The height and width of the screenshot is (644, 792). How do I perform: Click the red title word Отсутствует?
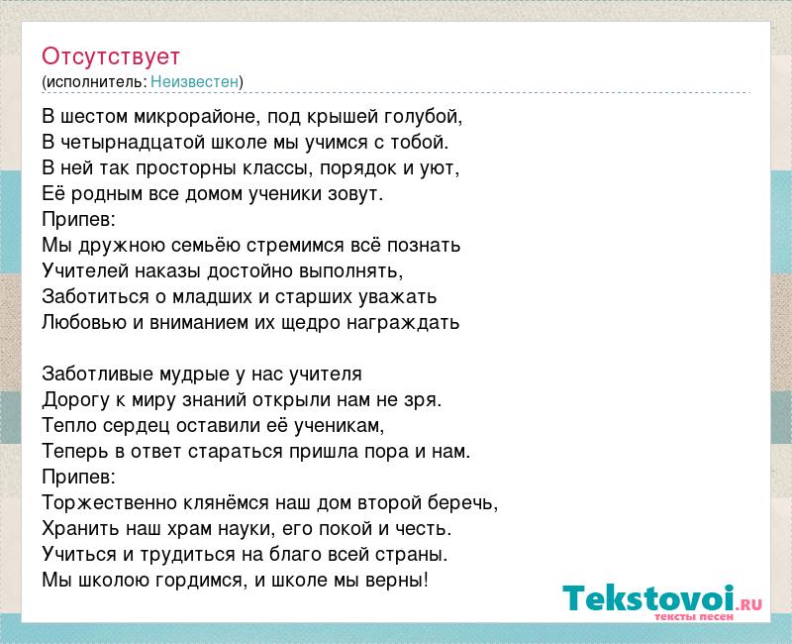[111, 56]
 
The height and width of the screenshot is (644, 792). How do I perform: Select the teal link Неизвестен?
[194, 81]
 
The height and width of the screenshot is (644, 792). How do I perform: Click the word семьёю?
[206, 245]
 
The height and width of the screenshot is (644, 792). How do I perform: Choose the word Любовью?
[84, 323]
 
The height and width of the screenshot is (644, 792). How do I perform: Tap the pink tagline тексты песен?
[694, 616]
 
